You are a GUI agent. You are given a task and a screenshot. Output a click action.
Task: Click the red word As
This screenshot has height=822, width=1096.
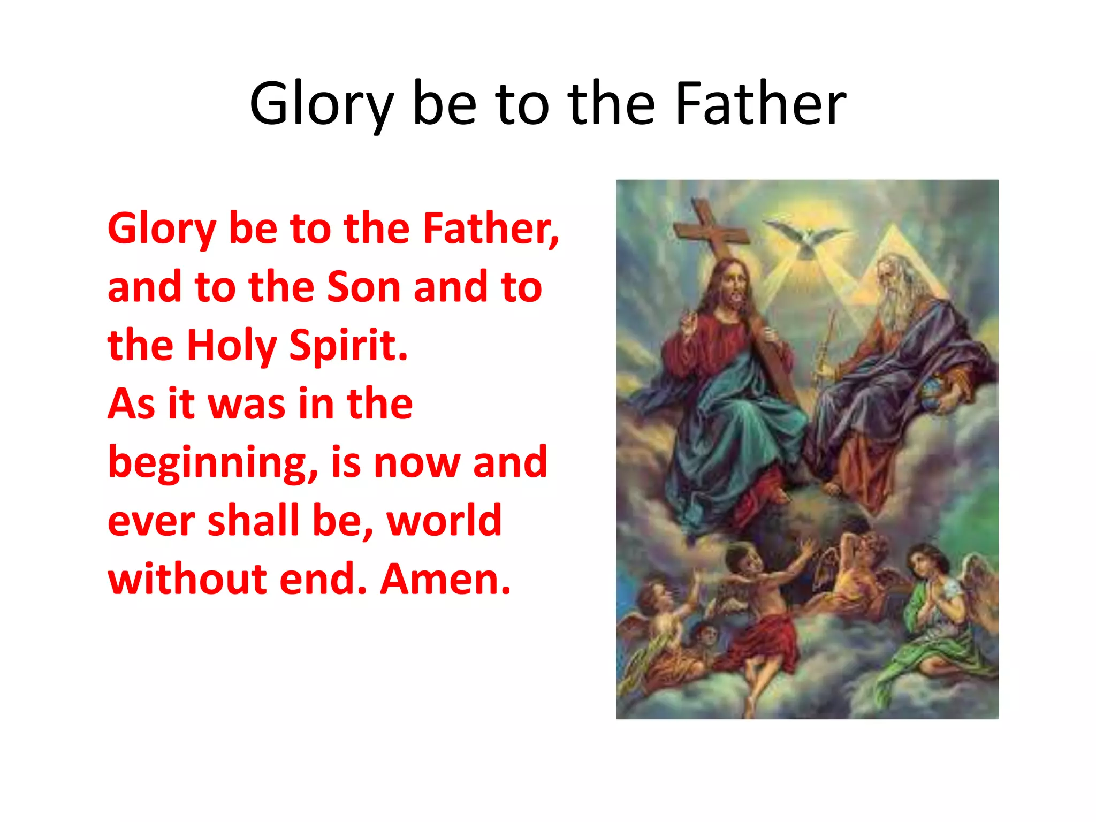pos(131,404)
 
